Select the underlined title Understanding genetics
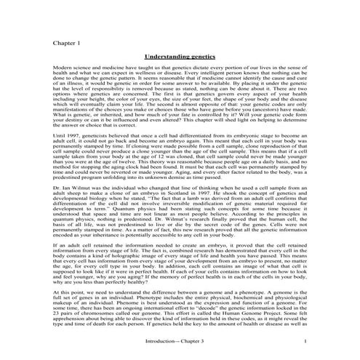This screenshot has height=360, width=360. click(x=180, y=55)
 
